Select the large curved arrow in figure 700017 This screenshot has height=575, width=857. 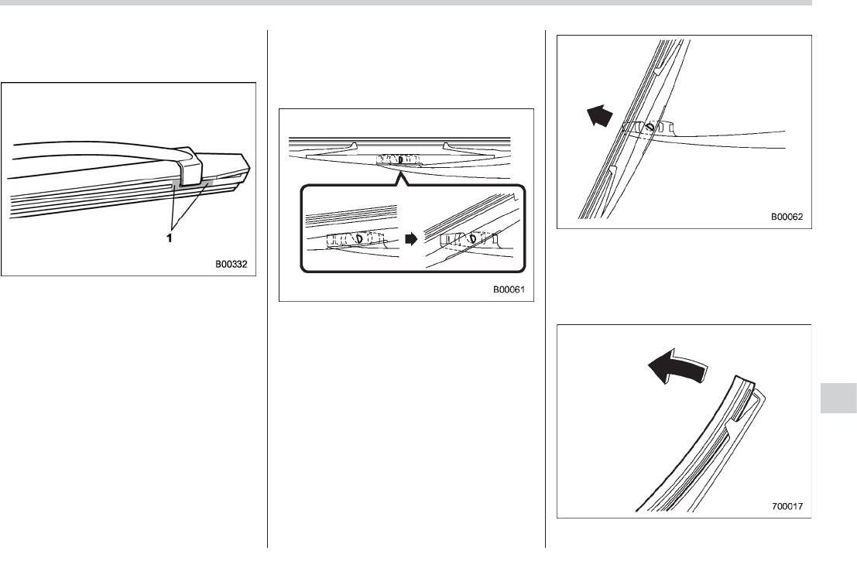tap(677, 371)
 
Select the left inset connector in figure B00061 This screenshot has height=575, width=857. tap(352, 239)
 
